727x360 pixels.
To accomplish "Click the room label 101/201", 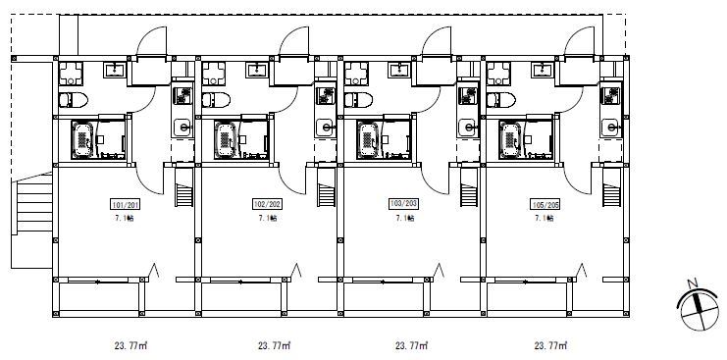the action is coord(125,204).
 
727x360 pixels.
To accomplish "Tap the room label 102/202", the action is coord(268,204).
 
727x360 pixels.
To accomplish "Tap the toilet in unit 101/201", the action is coord(74,100).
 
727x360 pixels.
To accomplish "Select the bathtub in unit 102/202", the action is coord(226,139).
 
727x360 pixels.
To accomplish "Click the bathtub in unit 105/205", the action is coord(510,139).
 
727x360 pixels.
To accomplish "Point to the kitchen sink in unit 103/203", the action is coord(468,128).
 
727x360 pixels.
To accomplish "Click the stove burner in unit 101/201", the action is coord(182,95).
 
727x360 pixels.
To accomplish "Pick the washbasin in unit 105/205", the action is coord(542,70).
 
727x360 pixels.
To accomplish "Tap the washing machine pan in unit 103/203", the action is coord(356,74).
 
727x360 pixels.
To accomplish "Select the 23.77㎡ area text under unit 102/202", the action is coord(274,345).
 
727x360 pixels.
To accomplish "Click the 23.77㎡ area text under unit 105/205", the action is coord(550,345).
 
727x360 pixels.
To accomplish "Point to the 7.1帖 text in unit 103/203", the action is coord(405,218).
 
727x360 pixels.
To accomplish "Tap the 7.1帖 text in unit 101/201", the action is coord(126,218).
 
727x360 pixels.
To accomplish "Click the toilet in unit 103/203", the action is coord(358,100).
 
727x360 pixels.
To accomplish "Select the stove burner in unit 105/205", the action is coord(609,95).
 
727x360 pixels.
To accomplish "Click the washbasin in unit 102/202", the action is coord(257,70).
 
